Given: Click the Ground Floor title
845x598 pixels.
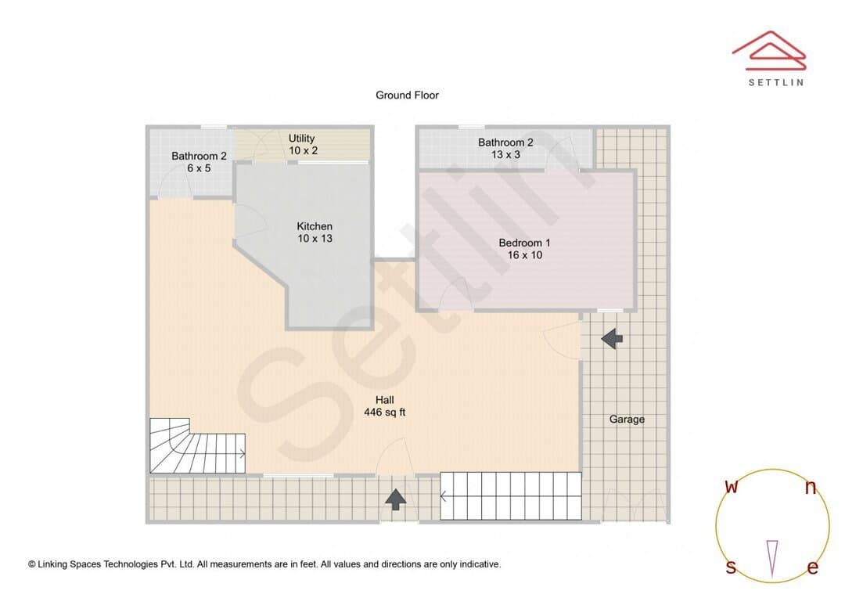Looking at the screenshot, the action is point(407,95).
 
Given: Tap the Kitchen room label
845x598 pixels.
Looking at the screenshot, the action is point(315,232).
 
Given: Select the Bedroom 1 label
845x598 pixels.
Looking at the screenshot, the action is point(524,249).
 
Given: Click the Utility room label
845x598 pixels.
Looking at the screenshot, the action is point(302,145).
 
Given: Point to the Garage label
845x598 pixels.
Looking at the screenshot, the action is point(627,420).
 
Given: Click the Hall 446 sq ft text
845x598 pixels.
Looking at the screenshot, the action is point(385,406).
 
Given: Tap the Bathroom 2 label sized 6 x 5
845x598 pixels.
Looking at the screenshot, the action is point(199,162).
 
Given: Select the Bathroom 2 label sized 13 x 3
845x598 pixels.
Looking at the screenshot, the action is point(505,148).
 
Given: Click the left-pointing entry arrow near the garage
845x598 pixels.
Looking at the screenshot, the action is point(612,339).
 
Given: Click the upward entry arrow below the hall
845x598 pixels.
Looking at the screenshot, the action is point(396,499).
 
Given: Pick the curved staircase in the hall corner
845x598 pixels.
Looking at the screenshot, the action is point(197,446).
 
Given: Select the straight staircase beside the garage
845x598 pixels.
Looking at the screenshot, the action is point(511,496).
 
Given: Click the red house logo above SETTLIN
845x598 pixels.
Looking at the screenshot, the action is point(769,51).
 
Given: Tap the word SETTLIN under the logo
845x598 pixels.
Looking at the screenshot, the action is point(776,82).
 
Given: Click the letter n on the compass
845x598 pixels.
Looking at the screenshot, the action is point(811,488).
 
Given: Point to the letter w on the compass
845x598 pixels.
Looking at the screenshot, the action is point(732,486).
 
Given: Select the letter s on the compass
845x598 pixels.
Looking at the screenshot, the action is point(731,567).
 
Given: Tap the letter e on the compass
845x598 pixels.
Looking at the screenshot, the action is point(813,567).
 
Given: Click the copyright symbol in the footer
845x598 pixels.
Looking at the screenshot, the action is point(32,564).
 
